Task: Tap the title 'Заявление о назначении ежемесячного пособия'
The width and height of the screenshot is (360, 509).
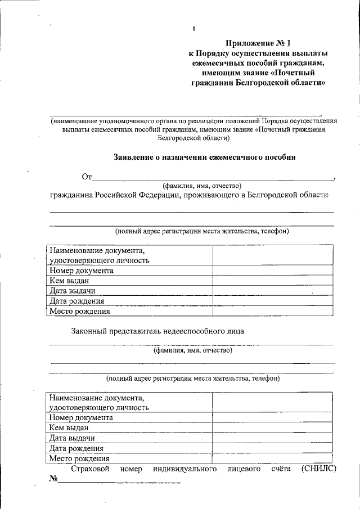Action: (x=204, y=157)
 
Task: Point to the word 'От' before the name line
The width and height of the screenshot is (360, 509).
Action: (x=87, y=178)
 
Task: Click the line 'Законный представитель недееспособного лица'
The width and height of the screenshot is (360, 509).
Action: (x=157, y=331)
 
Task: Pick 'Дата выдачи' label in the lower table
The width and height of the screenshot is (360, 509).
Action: (x=71, y=438)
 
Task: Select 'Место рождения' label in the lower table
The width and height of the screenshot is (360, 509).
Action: (x=79, y=458)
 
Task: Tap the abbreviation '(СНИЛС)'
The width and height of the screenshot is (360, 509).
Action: (x=318, y=469)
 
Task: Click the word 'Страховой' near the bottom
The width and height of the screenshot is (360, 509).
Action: (x=89, y=469)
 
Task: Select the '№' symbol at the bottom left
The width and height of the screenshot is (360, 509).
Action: (x=53, y=479)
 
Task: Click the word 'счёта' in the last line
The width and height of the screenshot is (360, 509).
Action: (x=280, y=469)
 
